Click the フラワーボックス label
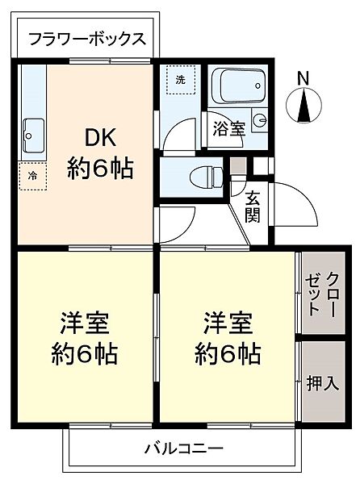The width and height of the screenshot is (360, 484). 85,40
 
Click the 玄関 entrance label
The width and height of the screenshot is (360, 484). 252,207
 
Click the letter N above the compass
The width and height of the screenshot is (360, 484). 303,78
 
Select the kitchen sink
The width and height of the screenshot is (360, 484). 35,129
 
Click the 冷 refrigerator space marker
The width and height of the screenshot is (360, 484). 32,174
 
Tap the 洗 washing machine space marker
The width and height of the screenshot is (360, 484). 180,79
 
